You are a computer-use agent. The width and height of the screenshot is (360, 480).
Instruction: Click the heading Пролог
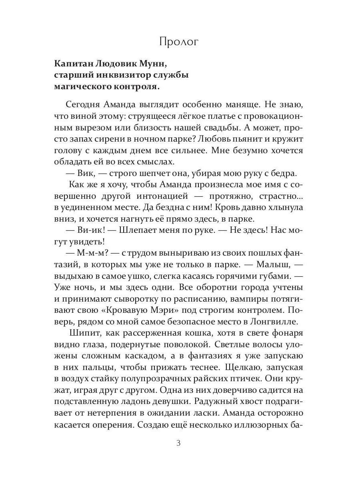[178, 42]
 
